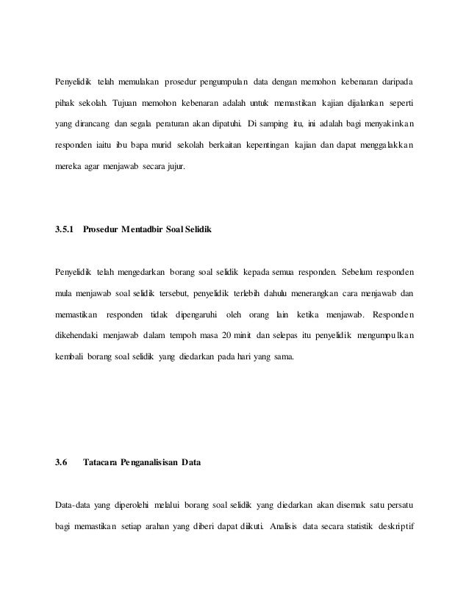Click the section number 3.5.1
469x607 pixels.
pos(65,230)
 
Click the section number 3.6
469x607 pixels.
pos(61,462)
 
